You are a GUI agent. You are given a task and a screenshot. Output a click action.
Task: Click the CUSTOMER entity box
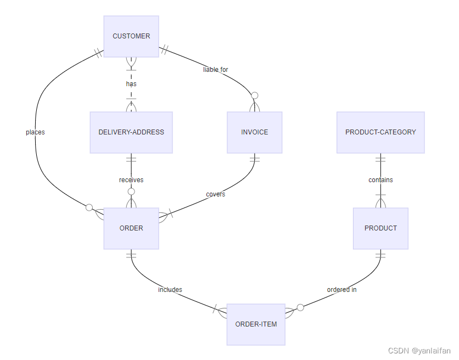tap(131, 36)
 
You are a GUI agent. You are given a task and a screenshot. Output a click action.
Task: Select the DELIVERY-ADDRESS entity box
tap(131, 132)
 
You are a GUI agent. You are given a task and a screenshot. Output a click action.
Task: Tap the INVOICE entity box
tap(254, 132)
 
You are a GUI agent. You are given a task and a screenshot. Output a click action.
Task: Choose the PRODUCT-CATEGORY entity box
tap(380, 132)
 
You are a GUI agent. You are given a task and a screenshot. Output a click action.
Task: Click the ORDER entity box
tap(131, 228)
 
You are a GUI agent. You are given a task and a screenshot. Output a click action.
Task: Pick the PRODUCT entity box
tap(380, 228)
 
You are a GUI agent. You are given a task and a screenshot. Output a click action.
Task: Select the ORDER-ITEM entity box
tap(256, 324)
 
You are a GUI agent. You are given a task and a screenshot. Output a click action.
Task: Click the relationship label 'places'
tap(35, 132)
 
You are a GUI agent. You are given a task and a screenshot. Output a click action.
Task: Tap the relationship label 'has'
tap(131, 84)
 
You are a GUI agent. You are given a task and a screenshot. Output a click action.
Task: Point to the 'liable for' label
tap(216, 70)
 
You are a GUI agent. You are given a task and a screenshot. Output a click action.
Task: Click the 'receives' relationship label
tap(131, 180)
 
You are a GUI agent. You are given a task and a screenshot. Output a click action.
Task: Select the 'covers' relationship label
tap(215, 194)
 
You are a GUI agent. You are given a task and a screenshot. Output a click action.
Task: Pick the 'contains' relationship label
tap(380, 180)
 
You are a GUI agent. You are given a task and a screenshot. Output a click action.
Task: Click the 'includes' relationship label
tap(170, 290)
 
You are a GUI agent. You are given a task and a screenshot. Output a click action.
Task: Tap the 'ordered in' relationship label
tap(342, 290)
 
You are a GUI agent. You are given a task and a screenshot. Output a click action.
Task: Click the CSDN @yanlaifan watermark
tap(419, 351)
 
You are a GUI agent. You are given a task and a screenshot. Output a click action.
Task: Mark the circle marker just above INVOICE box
tap(254, 95)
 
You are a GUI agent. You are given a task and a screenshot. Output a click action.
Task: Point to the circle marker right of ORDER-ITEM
tap(300, 307)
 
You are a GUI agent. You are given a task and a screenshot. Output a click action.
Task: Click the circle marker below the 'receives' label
tap(131, 192)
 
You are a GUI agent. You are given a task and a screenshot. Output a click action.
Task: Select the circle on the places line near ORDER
tap(89, 207)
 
